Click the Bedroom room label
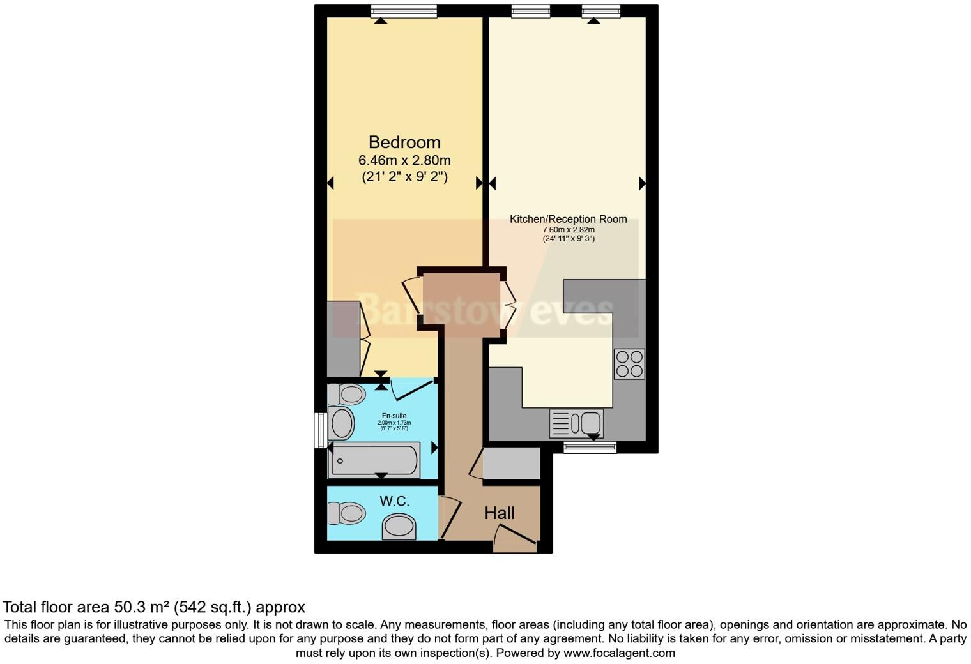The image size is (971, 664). (404, 142)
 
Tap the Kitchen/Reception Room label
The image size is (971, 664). (568, 219)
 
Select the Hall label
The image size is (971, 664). (499, 513)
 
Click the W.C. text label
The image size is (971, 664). (394, 501)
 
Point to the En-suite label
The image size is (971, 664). (394, 416)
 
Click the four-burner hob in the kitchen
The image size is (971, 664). (629, 364)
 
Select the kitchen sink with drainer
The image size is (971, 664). (576, 423)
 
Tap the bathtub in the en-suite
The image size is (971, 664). (374, 460)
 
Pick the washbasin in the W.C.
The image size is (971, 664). (399, 527)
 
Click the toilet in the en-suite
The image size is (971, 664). (346, 395)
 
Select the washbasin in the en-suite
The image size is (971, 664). (341, 423)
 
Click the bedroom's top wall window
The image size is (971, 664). (404, 11)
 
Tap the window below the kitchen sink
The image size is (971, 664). (590, 447)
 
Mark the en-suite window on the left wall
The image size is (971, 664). (321, 430)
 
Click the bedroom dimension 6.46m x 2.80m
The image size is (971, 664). (404, 160)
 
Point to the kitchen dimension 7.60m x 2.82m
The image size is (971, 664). (568, 230)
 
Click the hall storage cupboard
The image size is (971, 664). (511, 464)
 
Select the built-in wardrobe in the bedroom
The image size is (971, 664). (343, 339)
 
